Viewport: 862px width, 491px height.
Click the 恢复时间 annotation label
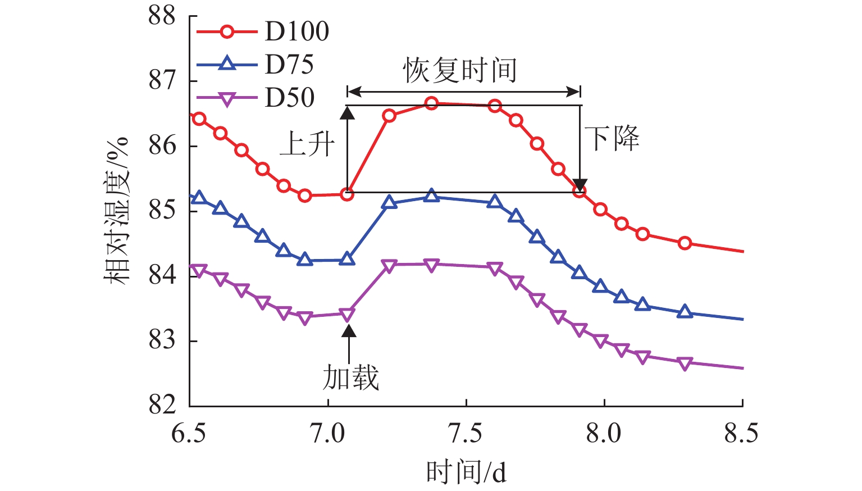(x=459, y=71)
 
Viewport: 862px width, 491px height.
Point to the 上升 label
(x=308, y=144)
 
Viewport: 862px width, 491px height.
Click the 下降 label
(x=612, y=138)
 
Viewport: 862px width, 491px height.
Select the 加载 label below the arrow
(x=350, y=377)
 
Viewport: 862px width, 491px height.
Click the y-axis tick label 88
(x=162, y=16)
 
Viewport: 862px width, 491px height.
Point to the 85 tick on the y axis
(x=162, y=211)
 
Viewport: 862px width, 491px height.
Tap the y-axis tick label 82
(x=162, y=404)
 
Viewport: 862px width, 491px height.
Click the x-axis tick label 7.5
(x=466, y=434)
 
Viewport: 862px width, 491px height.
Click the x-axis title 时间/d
(x=466, y=472)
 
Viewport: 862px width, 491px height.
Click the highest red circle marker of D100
(x=431, y=103)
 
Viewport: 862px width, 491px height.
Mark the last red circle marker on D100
(x=684, y=243)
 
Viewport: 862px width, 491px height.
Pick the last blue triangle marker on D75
(x=684, y=312)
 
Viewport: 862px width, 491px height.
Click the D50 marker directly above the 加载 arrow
(x=347, y=314)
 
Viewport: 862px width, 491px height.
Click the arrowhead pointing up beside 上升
(x=348, y=113)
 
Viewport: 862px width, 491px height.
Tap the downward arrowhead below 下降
(x=580, y=185)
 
